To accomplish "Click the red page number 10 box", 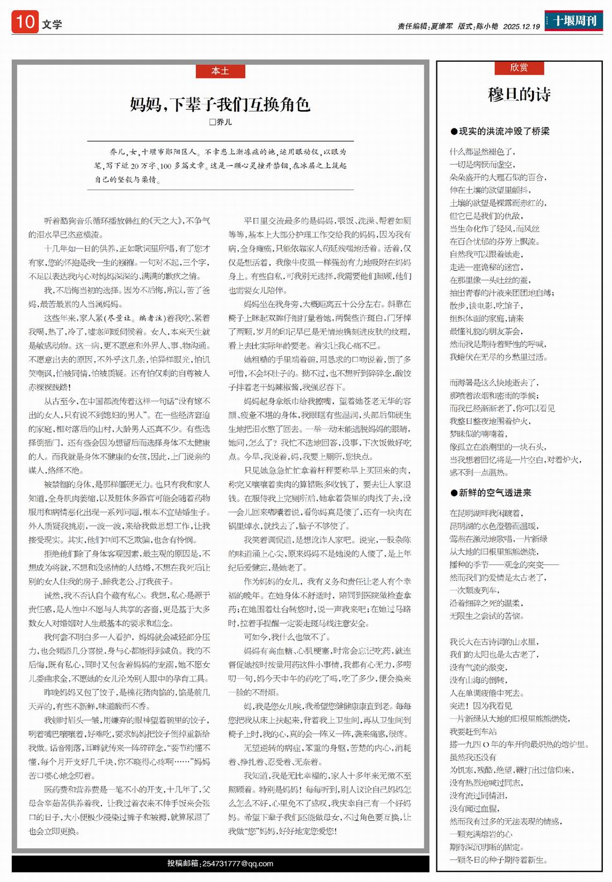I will click(x=25, y=22).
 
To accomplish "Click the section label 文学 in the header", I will click(x=52, y=24).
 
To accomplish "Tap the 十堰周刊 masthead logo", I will click(x=574, y=21).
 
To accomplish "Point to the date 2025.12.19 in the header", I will click(x=521, y=26).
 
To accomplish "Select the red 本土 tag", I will click(x=220, y=71).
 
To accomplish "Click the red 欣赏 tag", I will click(x=519, y=67).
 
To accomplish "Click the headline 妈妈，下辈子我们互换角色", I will click(x=220, y=104).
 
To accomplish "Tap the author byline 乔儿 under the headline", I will click(x=224, y=122).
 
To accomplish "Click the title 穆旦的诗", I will click(x=519, y=94).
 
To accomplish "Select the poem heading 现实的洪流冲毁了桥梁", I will click(x=504, y=131).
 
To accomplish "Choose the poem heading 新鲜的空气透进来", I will click(x=495, y=493).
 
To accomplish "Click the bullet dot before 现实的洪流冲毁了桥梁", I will click(x=454, y=131).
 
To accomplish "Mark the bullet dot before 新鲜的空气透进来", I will click(x=454, y=493).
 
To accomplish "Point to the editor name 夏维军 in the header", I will click(x=442, y=26).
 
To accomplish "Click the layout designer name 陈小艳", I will click(x=487, y=26).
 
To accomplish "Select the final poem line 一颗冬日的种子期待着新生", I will click(x=499, y=859).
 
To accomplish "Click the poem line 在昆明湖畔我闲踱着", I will click(x=486, y=513).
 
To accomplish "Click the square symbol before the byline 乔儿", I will click(x=212, y=122).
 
